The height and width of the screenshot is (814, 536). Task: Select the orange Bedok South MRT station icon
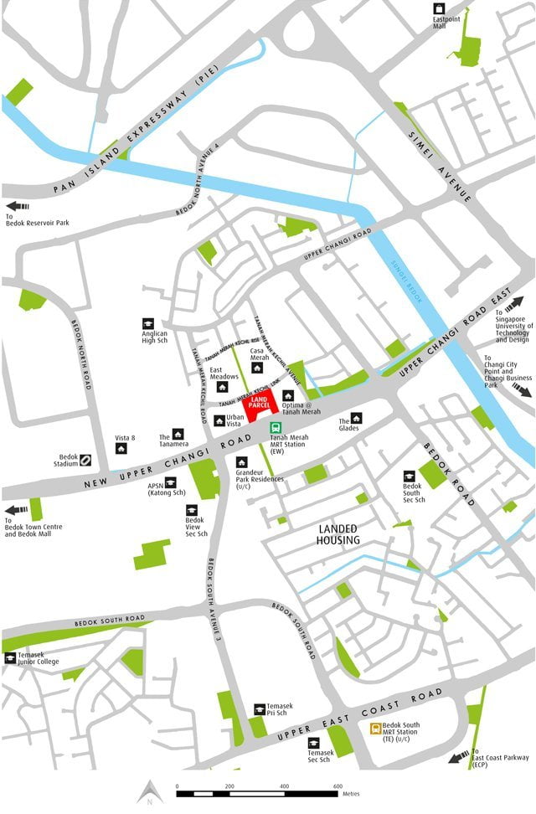pyautogui.click(x=377, y=729)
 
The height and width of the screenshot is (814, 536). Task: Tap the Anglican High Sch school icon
pyautogui.click(x=148, y=323)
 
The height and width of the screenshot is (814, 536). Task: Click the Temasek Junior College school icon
pyautogui.click(x=10, y=657)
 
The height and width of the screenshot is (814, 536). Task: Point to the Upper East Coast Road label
pyautogui.click(x=368, y=715)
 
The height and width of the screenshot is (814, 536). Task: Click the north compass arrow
pyautogui.click(x=148, y=791)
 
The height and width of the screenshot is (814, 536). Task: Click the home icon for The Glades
pyautogui.click(x=356, y=417)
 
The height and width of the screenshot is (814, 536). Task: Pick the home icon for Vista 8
pyautogui.click(x=121, y=448)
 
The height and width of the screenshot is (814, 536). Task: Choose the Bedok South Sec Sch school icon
pyautogui.click(x=409, y=475)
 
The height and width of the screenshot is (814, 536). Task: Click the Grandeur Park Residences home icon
pyautogui.click(x=241, y=461)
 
